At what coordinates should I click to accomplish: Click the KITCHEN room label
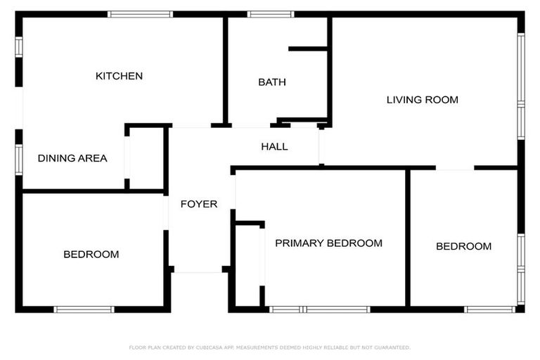pyautogui.click(x=119, y=76)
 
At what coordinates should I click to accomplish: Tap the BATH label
pyautogui.click(x=272, y=82)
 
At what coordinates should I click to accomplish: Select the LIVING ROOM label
pyautogui.click(x=422, y=100)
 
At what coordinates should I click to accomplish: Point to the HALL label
pyautogui.click(x=274, y=147)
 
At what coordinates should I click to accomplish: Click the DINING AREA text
pyautogui.click(x=72, y=158)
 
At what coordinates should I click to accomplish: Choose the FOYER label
pyautogui.click(x=199, y=205)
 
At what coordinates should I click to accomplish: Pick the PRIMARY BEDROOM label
pyautogui.click(x=328, y=243)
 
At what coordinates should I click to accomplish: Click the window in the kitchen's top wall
pyautogui.click(x=141, y=14)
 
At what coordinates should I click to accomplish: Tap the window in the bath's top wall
pyautogui.click(x=271, y=14)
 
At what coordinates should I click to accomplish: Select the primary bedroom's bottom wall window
pyautogui.click(x=320, y=309)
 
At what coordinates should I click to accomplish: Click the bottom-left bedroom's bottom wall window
pyautogui.click(x=84, y=309)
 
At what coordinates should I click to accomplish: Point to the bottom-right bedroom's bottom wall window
pyautogui.click(x=490, y=309)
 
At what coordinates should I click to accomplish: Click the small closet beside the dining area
pyautogui.click(x=146, y=157)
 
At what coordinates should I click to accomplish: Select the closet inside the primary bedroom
pyautogui.click(x=247, y=265)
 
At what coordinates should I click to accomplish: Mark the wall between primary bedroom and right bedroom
pyautogui.click(x=407, y=238)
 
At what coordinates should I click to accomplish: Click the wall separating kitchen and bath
pyautogui.click(x=226, y=70)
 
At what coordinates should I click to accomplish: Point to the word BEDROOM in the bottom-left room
pyautogui.click(x=91, y=255)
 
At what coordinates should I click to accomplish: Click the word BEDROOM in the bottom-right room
pyautogui.click(x=463, y=247)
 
